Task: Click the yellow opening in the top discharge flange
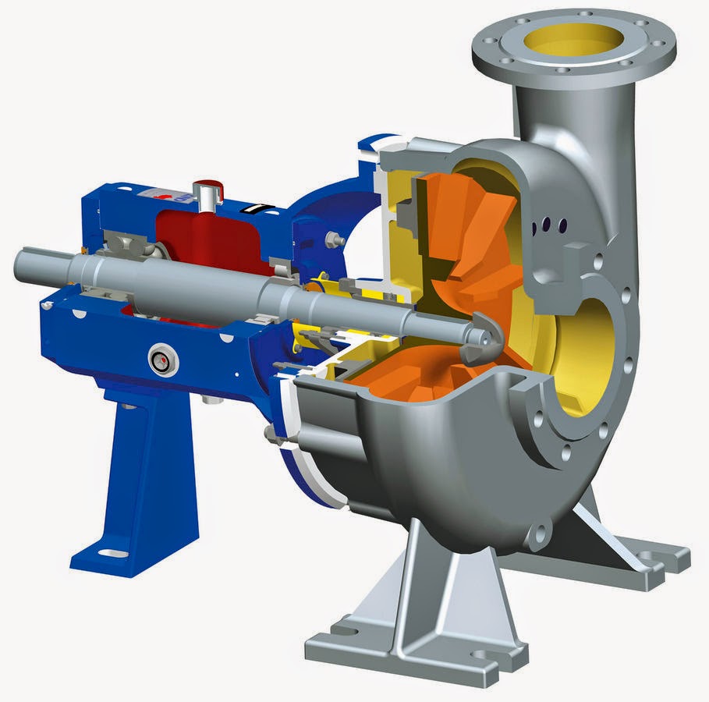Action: click(573, 39)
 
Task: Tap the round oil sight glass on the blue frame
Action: click(164, 360)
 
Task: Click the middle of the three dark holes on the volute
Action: click(548, 225)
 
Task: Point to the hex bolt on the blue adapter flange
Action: click(336, 239)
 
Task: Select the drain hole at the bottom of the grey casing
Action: click(537, 536)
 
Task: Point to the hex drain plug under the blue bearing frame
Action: click(208, 400)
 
